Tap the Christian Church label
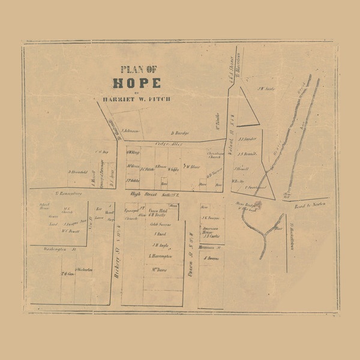click(x=215, y=157)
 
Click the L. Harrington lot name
click(x=160, y=256)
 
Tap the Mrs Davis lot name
click(x=158, y=269)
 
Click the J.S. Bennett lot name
click(x=247, y=154)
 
